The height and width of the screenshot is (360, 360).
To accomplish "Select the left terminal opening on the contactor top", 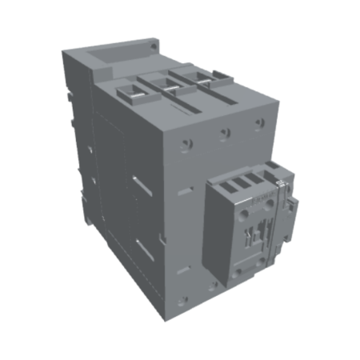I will point(132,93).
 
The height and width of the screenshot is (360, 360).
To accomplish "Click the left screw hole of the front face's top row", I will point(187,144).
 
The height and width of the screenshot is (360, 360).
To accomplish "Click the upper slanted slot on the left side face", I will point(140,187).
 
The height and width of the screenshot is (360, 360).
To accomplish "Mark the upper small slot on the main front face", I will point(186,192).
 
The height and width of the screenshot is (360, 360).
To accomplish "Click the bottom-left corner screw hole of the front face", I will point(184,301).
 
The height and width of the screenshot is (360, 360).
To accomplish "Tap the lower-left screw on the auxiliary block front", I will point(238,274).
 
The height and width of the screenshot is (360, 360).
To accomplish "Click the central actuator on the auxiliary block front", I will point(259,233).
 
